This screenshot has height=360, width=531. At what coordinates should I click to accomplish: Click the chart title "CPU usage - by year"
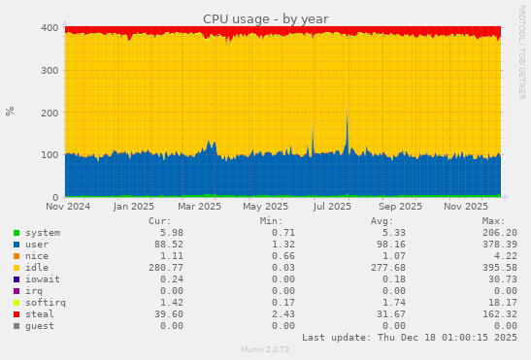[x=265, y=19]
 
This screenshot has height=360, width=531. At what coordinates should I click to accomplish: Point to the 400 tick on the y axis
[x=50, y=27]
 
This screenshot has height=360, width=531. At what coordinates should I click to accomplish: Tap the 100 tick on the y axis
[x=50, y=154]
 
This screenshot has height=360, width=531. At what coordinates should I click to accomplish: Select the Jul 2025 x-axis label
[x=333, y=206]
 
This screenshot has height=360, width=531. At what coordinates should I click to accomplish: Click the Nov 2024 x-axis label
[x=68, y=206]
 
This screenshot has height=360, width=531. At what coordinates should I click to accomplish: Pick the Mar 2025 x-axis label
[x=200, y=206]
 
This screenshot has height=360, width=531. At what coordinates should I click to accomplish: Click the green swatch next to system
[x=16, y=233]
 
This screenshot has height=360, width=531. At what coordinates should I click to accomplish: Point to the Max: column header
[x=493, y=221]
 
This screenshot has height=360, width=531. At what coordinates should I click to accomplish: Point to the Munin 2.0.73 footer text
[x=265, y=349]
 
